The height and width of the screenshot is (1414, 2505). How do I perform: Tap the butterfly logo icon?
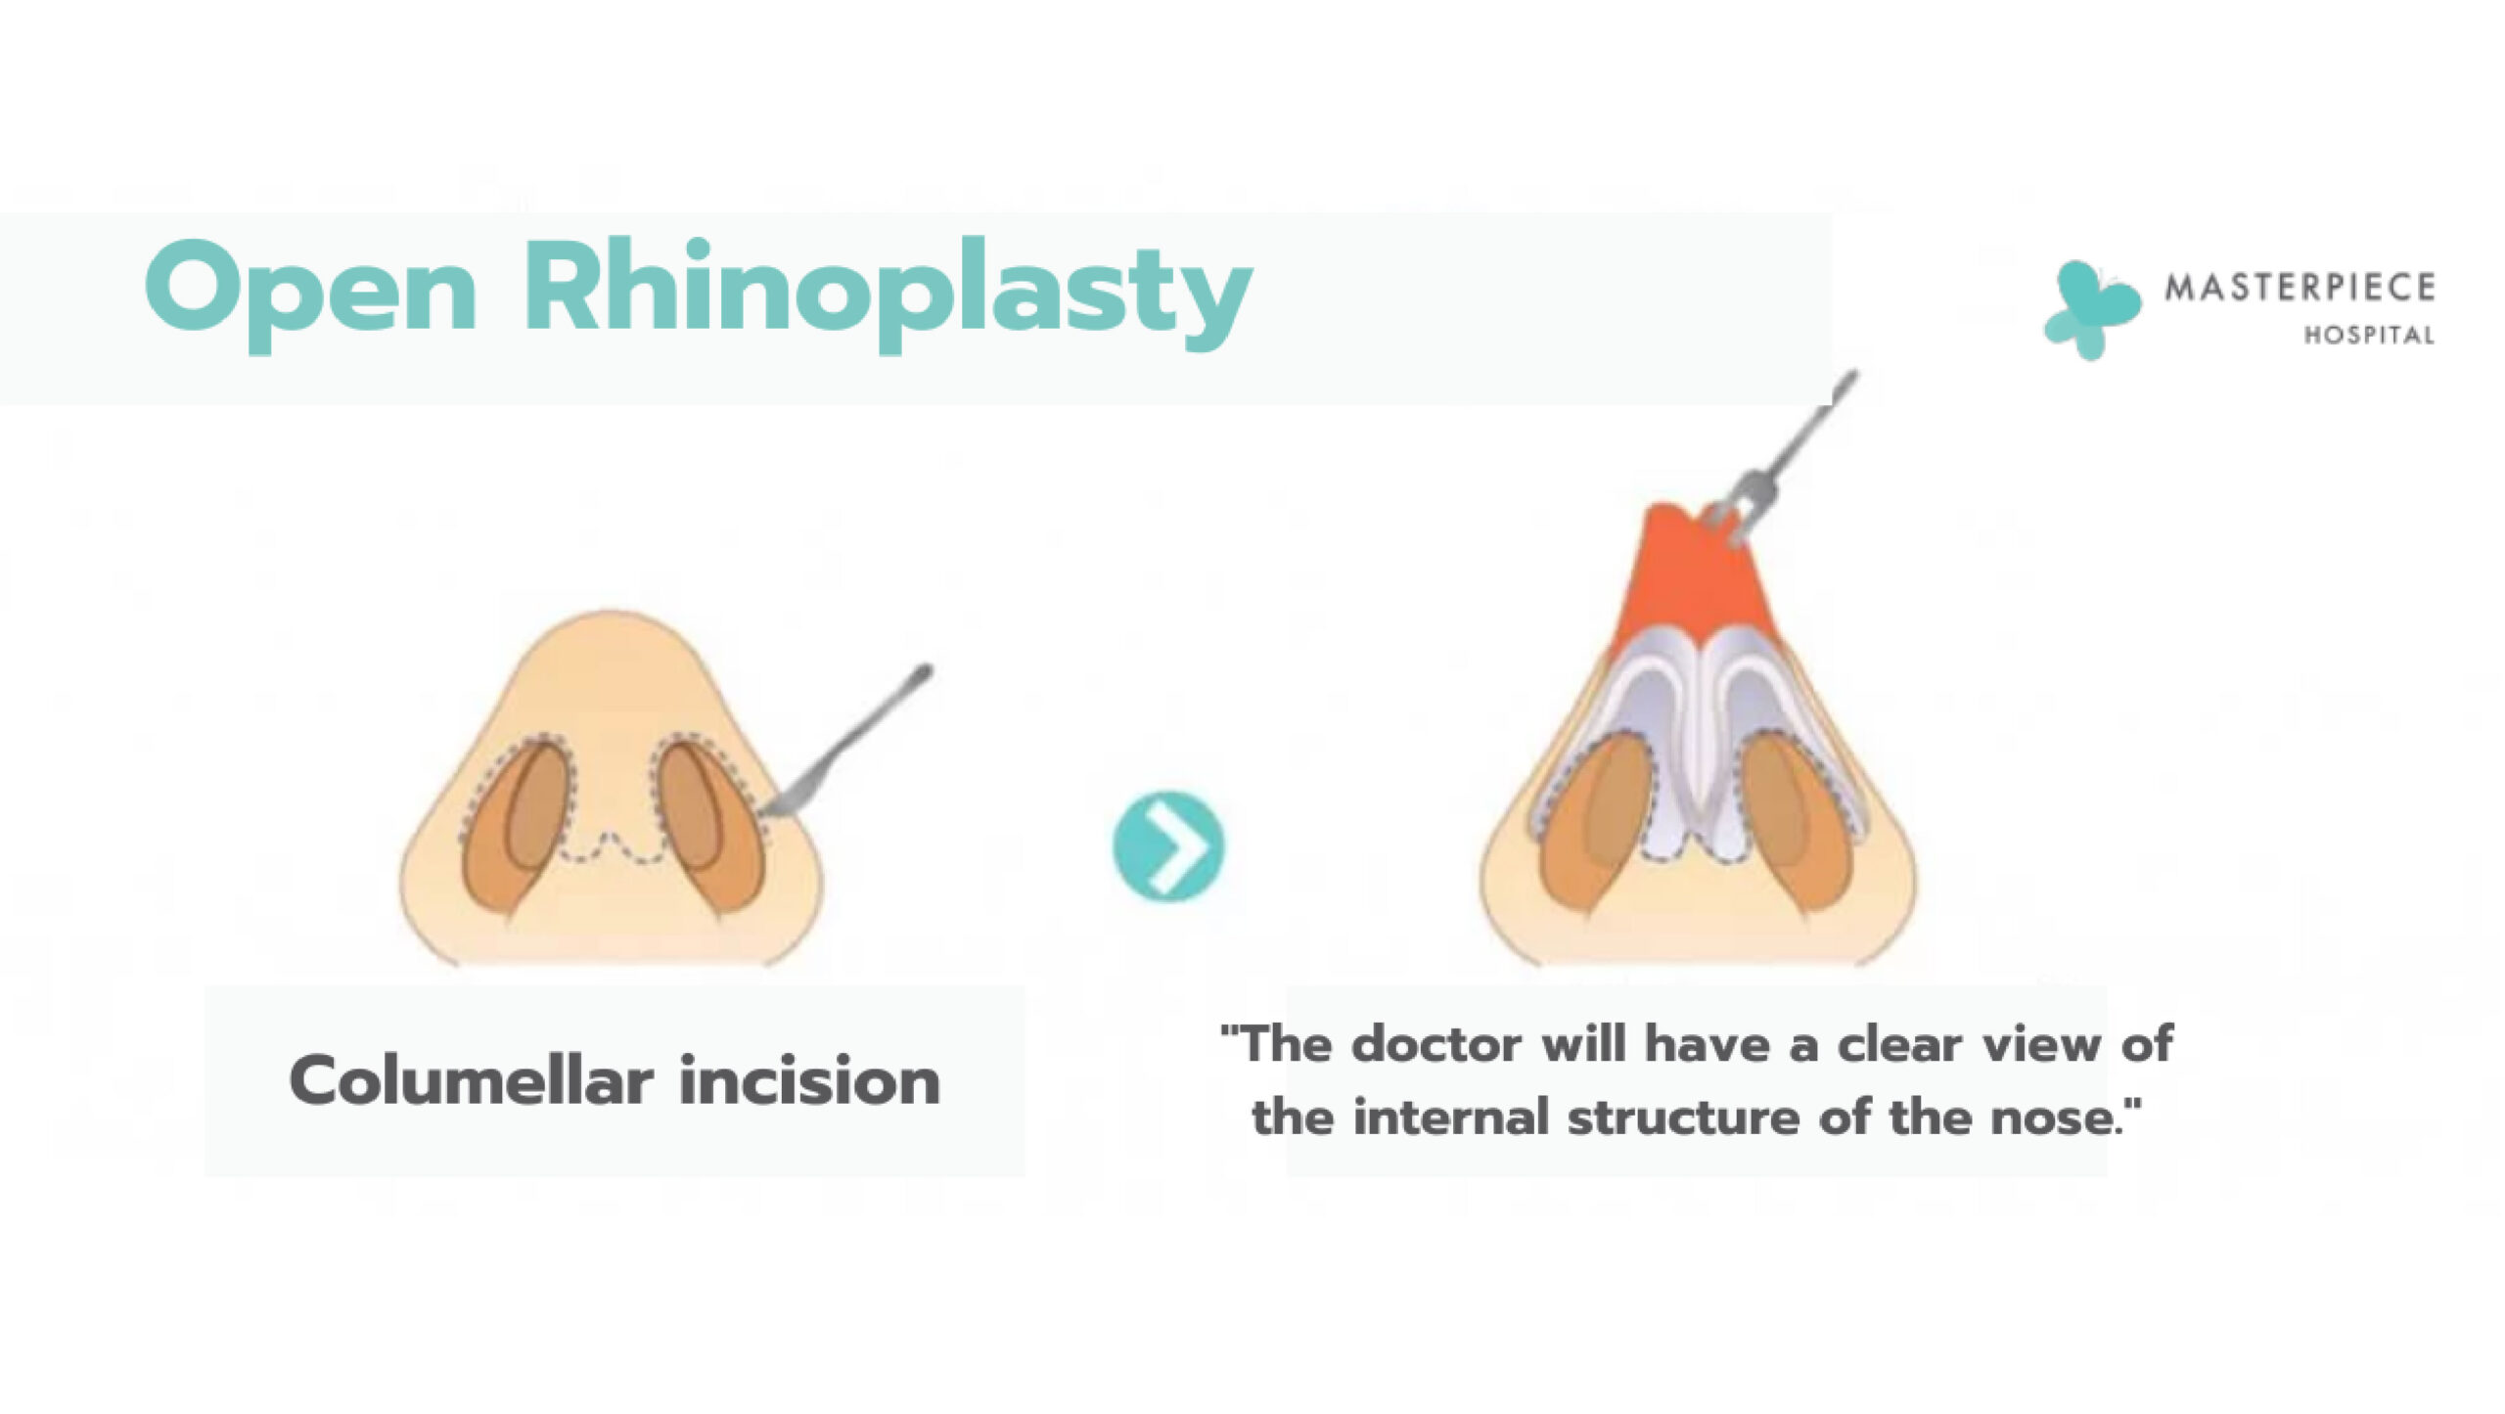[x=2092, y=309]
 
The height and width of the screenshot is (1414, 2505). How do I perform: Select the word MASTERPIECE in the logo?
[x=2300, y=288]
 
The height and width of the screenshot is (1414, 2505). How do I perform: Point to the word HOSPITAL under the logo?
[x=2369, y=336]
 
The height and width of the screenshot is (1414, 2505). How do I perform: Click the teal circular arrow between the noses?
[x=1168, y=845]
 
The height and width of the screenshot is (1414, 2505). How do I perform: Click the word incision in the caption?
[x=809, y=1082]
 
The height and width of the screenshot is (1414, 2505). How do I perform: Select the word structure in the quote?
[x=1684, y=1118]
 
